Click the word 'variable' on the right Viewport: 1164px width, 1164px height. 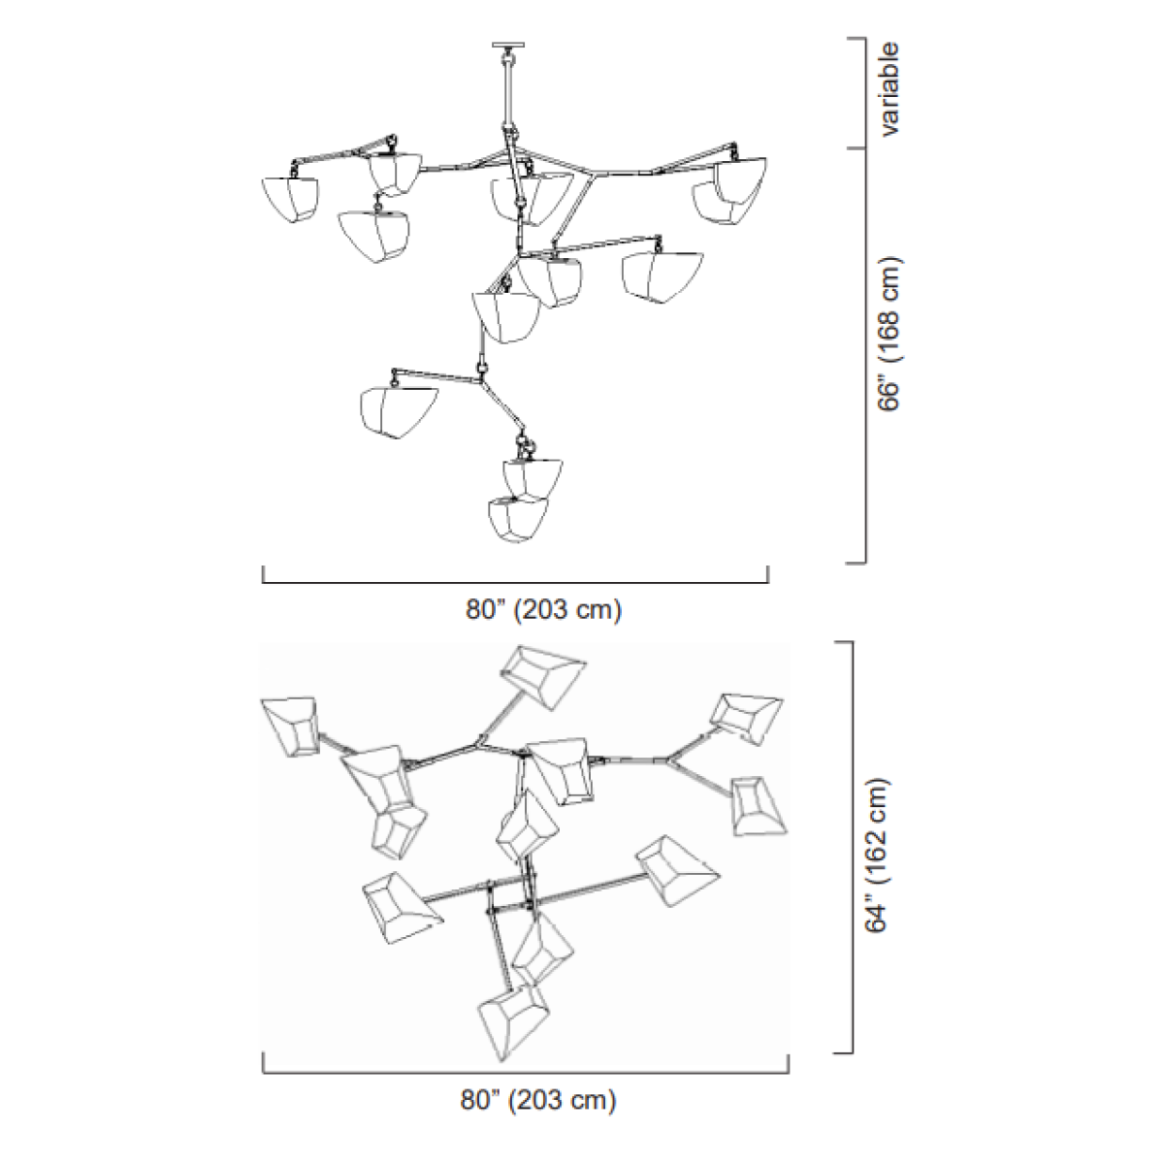pos(889,89)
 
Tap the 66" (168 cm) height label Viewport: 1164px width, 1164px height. pos(889,334)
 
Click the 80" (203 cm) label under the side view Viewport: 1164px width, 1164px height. pos(543,609)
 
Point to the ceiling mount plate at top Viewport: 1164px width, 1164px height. pos(508,45)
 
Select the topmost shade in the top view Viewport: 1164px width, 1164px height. pos(543,676)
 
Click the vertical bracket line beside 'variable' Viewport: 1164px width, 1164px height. pos(864,93)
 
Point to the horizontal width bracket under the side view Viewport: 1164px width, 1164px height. pos(515,581)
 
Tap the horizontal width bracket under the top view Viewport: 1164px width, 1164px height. pos(526,1071)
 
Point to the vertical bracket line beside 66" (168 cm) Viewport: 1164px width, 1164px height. pos(864,356)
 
